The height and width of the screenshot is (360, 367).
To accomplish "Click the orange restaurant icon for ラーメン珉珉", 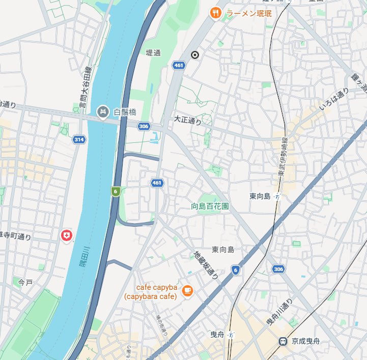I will pyautogui.click(x=215, y=13).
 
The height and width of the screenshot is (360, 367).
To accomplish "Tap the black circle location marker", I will pyautogui.click(x=194, y=55).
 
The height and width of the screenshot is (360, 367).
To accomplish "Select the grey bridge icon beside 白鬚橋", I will pyautogui.click(x=103, y=111).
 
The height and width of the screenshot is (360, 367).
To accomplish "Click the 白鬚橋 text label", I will pyautogui.click(x=125, y=112).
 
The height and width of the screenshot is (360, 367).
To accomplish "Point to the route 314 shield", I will pyautogui.click(x=78, y=139).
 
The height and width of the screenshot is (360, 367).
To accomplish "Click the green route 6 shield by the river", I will pyautogui.click(x=116, y=191).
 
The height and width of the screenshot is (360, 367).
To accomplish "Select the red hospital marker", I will pyautogui.click(x=66, y=235).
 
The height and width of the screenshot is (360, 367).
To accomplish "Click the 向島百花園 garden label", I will pyautogui.click(x=210, y=206).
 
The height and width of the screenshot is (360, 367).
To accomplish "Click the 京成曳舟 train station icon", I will pyautogui.click(x=283, y=342).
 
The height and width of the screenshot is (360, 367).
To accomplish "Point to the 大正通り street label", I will pyautogui.click(x=187, y=120).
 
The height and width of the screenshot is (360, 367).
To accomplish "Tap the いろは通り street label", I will pyautogui.click(x=334, y=99).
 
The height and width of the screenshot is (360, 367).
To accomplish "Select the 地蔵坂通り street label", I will pyautogui.click(x=206, y=264).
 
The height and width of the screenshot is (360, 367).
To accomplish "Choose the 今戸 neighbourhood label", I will pyautogui.click(x=25, y=282).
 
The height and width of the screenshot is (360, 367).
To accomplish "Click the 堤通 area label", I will pyautogui.click(x=153, y=52).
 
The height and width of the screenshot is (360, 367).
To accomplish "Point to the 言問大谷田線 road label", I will pyautogui.click(x=84, y=90).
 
